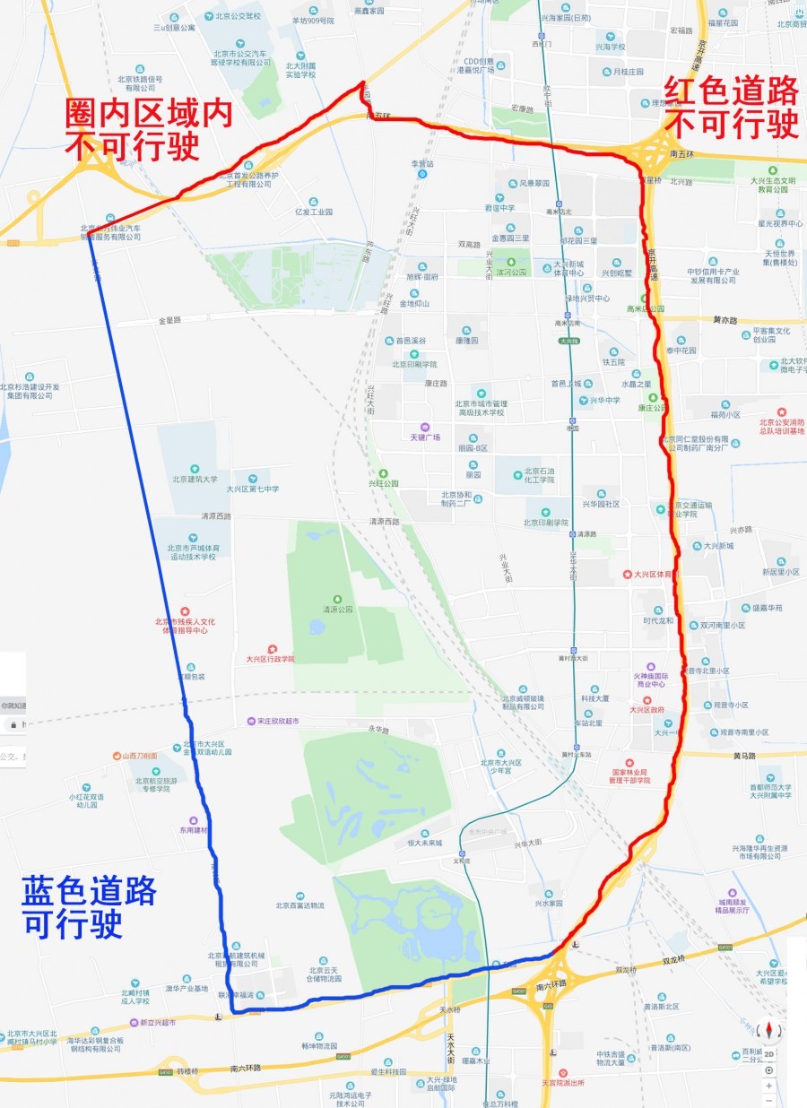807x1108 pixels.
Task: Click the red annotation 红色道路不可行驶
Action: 732,107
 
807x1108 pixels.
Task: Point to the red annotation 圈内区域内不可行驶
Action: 149,129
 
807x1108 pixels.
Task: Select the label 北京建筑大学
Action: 192,479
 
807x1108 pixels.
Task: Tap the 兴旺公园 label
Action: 383,483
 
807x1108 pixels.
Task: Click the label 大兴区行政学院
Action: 270,658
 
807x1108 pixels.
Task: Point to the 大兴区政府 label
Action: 646,709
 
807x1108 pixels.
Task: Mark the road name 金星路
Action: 169,319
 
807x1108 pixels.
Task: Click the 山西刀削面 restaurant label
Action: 140,756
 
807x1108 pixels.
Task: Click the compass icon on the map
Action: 768,1031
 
